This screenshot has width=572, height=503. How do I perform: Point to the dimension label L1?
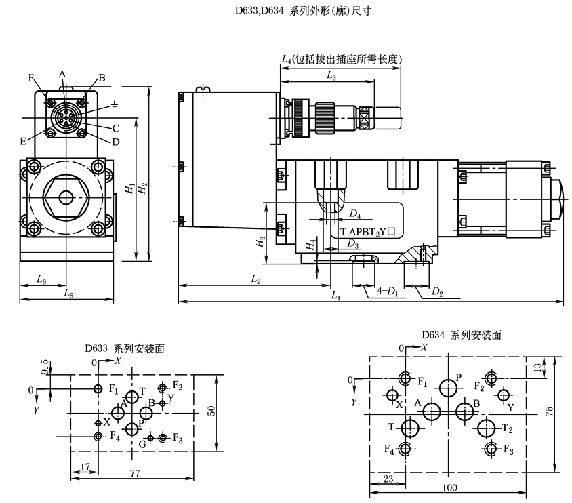tap(335, 296)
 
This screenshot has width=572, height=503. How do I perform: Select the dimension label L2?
tap(254, 278)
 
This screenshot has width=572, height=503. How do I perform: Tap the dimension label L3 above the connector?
tap(331, 77)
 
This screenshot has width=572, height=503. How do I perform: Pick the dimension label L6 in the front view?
tap(41, 279)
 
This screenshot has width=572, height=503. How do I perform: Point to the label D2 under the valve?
tap(437, 293)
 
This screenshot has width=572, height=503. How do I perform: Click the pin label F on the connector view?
tap(31, 79)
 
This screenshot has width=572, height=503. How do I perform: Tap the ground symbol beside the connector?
tap(115, 105)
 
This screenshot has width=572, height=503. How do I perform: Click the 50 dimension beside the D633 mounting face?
tap(211, 411)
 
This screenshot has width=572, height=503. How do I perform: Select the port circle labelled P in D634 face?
tap(448, 388)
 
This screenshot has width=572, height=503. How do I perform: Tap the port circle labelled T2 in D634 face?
tap(486, 428)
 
